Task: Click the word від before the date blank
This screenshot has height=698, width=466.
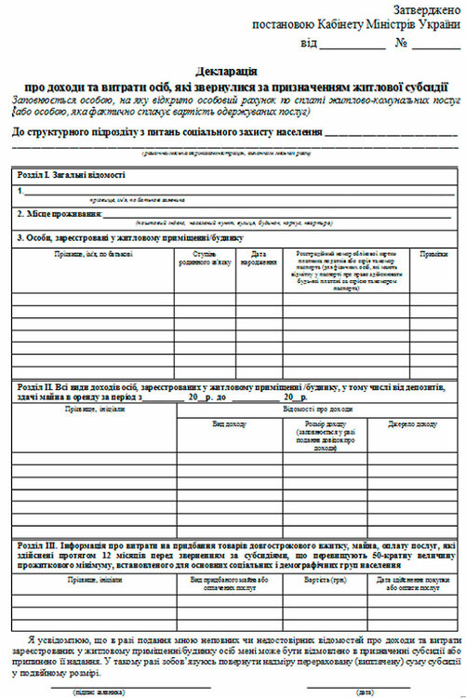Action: coord(310,43)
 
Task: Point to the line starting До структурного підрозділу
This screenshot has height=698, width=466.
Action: coord(167,133)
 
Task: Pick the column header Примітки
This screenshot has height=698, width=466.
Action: coord(433,253)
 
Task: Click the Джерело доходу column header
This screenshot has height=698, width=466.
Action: coord(413,423)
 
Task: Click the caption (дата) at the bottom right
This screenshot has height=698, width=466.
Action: coord(365,692)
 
